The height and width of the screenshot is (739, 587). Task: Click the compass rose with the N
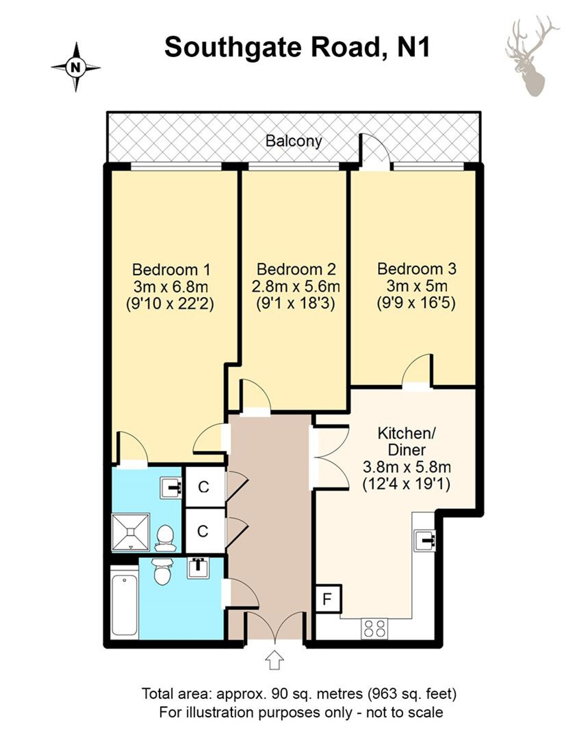point(76,67)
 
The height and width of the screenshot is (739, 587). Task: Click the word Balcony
point(294,141)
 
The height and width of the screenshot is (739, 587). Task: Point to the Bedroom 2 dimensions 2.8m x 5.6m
point(296,287)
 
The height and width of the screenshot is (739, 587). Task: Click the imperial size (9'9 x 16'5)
point(416,303)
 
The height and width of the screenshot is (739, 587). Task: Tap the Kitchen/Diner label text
point(406,442)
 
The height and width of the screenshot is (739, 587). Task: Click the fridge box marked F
point(328,599)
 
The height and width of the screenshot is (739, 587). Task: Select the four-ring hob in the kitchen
point(374,629)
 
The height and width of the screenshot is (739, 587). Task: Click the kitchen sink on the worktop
point(425,541)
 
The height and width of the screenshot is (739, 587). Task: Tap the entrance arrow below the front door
point(274,660)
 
